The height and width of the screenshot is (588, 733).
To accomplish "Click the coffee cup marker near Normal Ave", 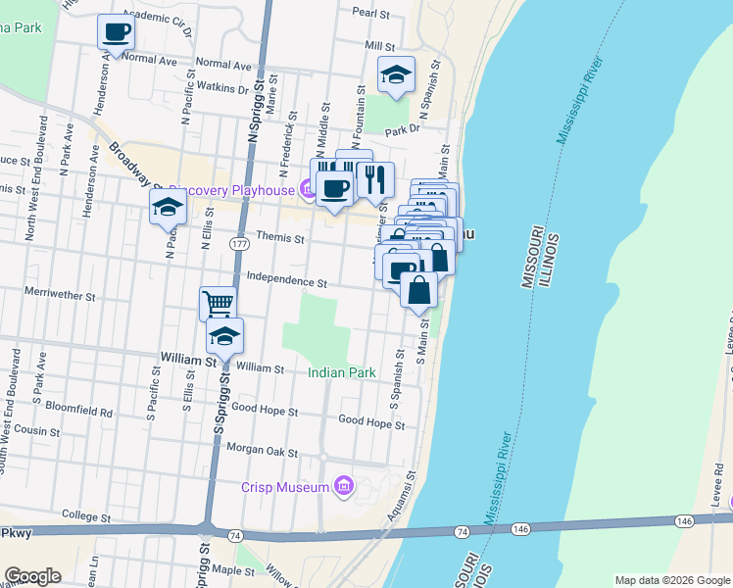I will (116, 31).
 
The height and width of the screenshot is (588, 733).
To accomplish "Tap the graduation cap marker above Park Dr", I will (396, 74).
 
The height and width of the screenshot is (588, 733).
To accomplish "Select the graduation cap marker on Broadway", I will (168, 207).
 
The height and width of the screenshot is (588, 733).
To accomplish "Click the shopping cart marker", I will (218, 303).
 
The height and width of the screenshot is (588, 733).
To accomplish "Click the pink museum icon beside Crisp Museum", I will (344, 485).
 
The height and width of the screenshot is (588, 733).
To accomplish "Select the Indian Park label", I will (341, 373).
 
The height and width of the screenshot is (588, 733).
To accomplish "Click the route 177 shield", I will (238, 242).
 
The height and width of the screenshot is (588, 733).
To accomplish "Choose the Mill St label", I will (378, 46).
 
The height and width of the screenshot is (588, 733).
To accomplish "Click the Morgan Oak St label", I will (263, 451).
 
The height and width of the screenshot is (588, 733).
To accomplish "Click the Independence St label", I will (286, 281).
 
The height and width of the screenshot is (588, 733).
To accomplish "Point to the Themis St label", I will (281, 237).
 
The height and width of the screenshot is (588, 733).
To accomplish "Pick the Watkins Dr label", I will (222, 89).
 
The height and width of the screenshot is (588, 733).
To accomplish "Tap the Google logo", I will (32, 576).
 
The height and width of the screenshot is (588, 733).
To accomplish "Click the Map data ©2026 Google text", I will (671, 580).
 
